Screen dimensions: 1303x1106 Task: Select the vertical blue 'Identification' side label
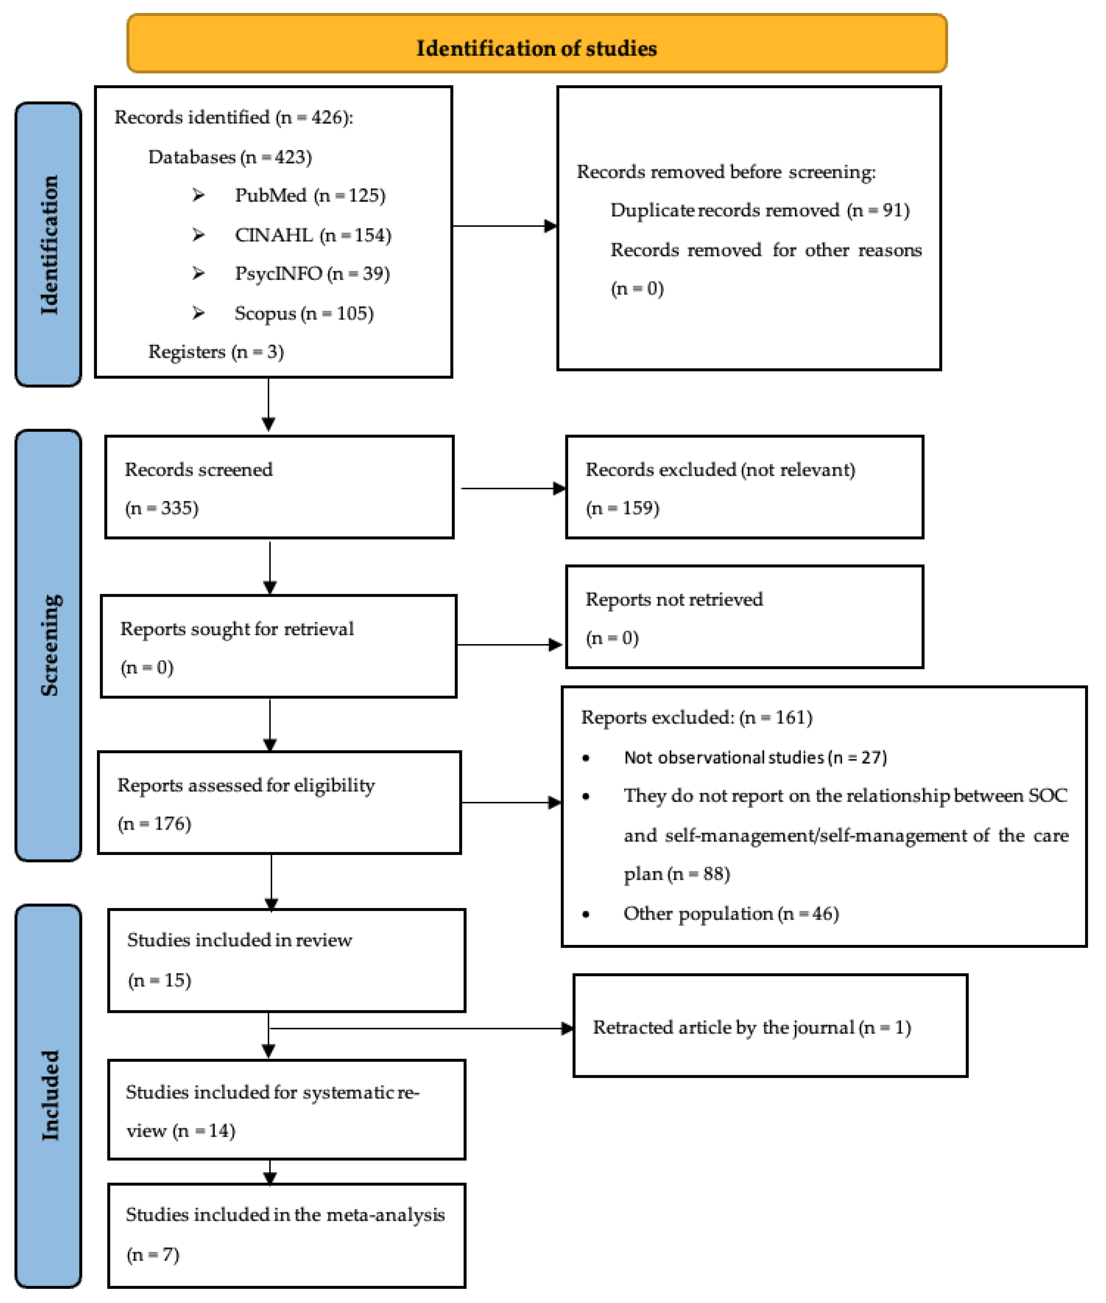click(48, 245)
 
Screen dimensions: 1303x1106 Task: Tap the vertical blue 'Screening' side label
click(48, 645)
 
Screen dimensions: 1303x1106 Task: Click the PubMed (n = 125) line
click(310, 196)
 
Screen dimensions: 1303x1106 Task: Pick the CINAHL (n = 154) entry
click(312, 235)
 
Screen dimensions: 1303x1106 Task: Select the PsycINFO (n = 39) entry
click(312, 274)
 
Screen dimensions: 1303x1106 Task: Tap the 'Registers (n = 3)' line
click(216, 352)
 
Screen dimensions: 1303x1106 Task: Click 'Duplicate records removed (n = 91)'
click(759, 210)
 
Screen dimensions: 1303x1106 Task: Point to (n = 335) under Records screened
click(162, 508)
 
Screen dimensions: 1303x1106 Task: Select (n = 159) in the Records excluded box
click(623, 508)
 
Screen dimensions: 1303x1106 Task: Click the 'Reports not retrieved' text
click(674, 599)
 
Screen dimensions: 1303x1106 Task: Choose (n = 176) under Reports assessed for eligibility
click(154, 823)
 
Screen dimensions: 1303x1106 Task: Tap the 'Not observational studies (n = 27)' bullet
click(755, 757)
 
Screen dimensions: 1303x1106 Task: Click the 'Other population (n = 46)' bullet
click(731, 914)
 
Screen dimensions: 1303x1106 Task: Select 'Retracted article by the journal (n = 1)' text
click(752, 1027)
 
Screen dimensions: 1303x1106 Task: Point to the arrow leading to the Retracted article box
click(420, 1028)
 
